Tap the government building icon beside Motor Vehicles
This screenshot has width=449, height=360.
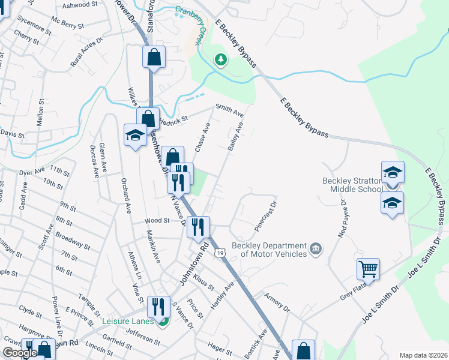tap(316, 248)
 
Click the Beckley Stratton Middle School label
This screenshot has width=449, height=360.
tap(351, 185)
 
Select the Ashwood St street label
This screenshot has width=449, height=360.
tap(80, 5)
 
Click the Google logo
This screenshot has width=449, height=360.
tap(20, 353)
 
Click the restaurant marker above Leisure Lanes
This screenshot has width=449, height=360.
tap(157, 306)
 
